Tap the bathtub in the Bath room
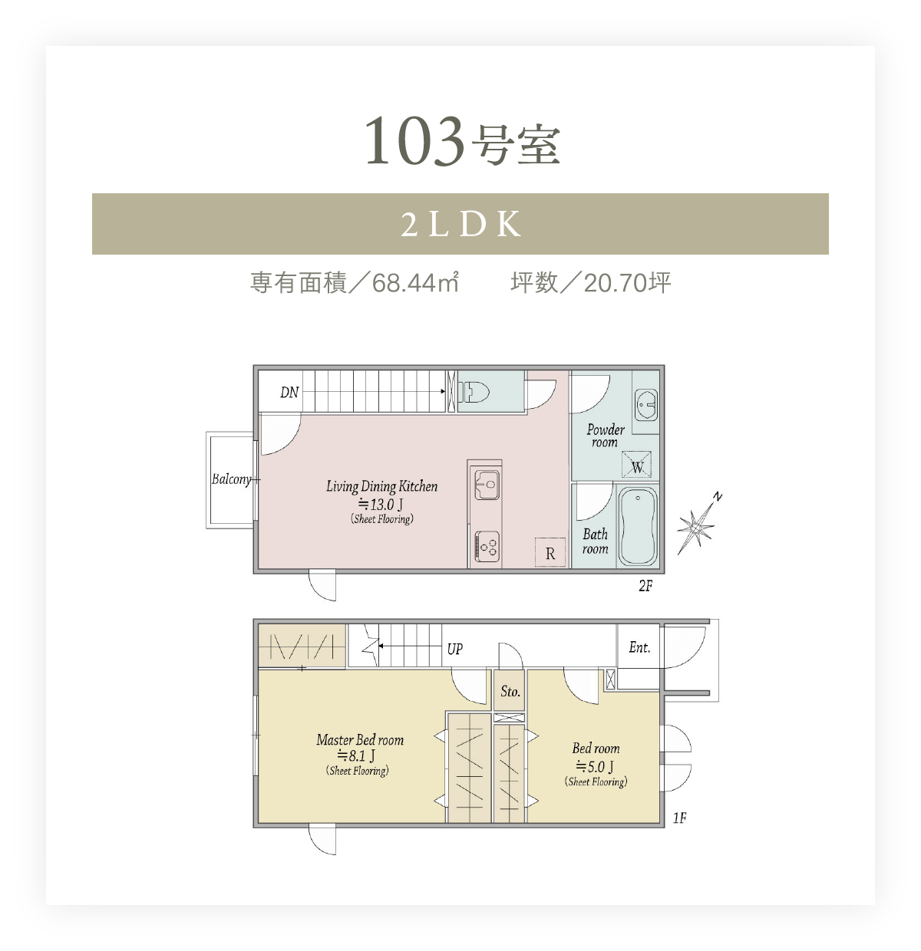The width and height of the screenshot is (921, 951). pos(637,526)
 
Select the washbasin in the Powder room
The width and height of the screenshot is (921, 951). pos(646,405)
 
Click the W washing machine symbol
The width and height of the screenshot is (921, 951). pos(636,464)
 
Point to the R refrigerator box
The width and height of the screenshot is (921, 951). pos(550,552)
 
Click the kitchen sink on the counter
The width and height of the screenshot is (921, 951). pos(485,485)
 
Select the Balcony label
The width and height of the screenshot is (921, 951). pos(231,479)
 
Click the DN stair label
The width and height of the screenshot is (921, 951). pos(289,392)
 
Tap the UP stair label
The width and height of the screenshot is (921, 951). pos(454,649)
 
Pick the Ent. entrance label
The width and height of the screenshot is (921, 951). pos(639,647)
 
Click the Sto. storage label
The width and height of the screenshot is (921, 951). pos(510,691)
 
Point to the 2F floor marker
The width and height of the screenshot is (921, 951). pos(645,585)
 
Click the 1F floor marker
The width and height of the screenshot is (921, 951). pos(679,818)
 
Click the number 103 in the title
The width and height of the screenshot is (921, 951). pos(414,141)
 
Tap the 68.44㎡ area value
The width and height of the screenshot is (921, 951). pos(415,282)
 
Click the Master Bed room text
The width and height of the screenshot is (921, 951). pos(360,739)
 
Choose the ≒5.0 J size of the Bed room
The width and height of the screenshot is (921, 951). pos(595,765)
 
